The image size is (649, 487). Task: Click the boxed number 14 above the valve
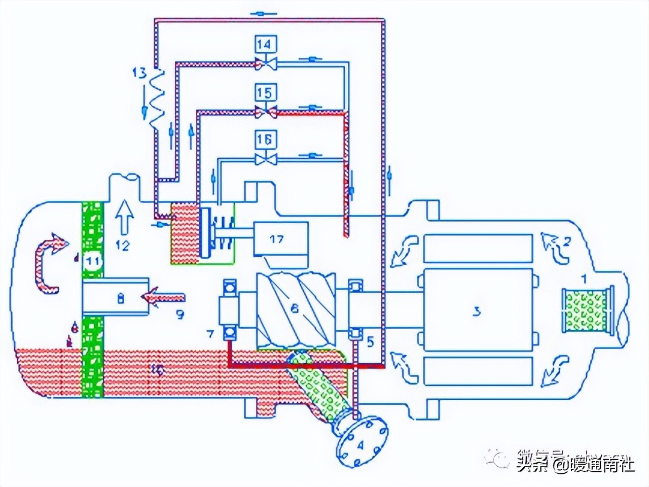[266, 45]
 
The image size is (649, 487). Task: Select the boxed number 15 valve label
[266, 92]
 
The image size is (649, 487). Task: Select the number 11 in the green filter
[92, 262]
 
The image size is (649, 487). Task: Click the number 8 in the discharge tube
[120, 299]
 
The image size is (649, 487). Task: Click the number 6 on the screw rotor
[295, 307]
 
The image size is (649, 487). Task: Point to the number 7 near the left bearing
[210, 333]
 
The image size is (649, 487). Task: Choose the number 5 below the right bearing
[370, 342]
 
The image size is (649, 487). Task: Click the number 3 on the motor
[476, 311]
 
